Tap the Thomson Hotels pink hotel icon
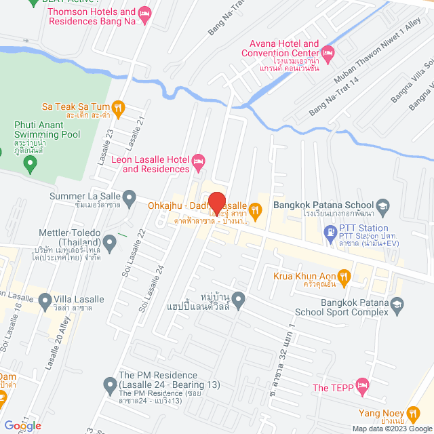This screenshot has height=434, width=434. [x=144, y=14]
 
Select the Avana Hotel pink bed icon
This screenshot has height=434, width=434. [x=328, y=52]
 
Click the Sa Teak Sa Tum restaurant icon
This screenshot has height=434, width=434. [x=119, y=106]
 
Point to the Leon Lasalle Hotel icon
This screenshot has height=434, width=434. [x=198, y=161]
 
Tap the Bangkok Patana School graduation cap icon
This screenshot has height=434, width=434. [x=383, y=205]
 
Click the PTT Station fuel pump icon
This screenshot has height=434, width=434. [x=330, y=231]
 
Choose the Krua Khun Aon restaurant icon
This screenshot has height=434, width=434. [x=344, y=276]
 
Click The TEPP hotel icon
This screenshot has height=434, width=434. [x=363, y=388]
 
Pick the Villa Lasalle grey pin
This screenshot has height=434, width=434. [x=45, y=299]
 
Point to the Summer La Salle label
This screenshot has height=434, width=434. [x=85, y=197]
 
